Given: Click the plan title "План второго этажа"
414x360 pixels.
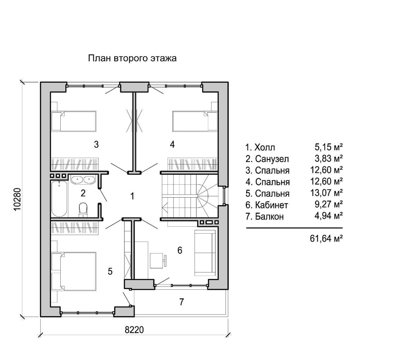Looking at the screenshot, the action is pyautogui.click(x=132, y=58).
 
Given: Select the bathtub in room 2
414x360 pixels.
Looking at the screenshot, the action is pyautogui.click(x=59, y=199).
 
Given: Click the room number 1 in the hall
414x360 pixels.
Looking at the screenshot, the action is pyautogui.click(x=132, y=196).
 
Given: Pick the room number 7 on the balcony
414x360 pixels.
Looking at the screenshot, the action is pyautogui.click(x=181, y=301).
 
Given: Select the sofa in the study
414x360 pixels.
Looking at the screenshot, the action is pyautogui.click(x=205, y=253).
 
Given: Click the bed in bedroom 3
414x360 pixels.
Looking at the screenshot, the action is pyautogui.click(x=74, y=121).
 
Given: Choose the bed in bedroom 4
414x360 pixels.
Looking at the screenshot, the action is pyautogui.click(x=195, y=121).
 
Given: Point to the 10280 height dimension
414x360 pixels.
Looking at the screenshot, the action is pyautogui.click(x=17, y=199).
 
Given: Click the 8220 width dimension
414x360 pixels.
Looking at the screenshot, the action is pyautogui.click(x=134, y=330).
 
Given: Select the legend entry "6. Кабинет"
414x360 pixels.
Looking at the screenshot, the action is pyautogui.click(x=267, y=205).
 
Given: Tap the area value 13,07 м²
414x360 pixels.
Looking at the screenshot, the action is pyautogui.click(x=326, y=193).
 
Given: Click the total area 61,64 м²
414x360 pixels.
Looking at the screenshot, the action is pyautogui.click(x=326, y=239).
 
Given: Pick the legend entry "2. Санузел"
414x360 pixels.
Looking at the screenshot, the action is pyautogui.click(x=267, y=159).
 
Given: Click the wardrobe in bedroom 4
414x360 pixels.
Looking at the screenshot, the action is pyautogui.click(x=193, y=164).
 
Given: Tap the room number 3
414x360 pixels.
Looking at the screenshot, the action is pyautogui.click(x=96, y=144).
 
